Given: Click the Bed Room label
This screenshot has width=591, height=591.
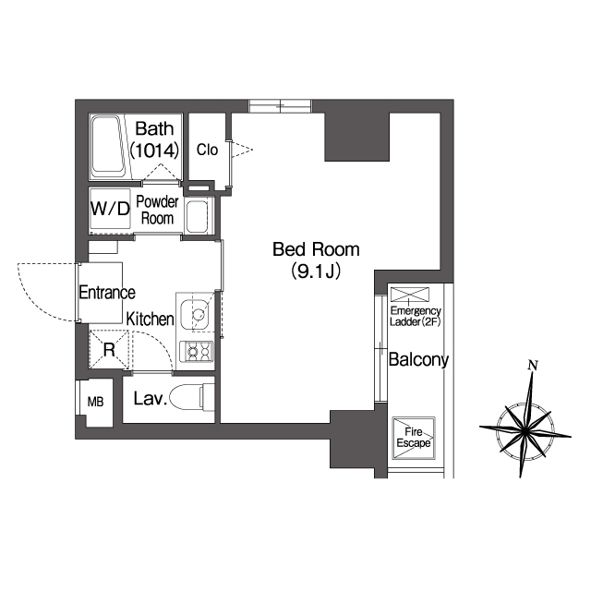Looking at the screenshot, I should [x=315, y=249].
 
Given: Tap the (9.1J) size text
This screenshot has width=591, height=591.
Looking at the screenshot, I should [x=315, y=271].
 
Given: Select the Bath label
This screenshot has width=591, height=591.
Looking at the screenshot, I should [x=155, y=128].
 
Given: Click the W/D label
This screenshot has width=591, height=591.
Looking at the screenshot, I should [x=109, y=208].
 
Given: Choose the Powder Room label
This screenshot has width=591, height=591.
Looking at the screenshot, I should [x=155, y=210].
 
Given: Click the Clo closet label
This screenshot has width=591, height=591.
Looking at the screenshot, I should [x=207, y=150].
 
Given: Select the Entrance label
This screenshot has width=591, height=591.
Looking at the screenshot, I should [x=107, y=293].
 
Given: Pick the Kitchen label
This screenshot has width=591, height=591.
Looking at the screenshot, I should [x=151, y=319].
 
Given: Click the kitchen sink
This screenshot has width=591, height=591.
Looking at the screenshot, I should [x=197, y=315].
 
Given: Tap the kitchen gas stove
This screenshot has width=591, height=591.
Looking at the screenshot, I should [x=197, y=351].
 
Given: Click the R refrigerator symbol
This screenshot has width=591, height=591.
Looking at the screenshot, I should [x=108, y=350].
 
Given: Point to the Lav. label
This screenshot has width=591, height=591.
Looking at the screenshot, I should [x=150, y=399].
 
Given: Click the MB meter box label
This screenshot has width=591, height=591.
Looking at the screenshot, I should [x=94, y=403].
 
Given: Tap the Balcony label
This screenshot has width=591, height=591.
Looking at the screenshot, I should [x=417, y=360].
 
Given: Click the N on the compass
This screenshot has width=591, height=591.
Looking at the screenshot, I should [x=532, y=366].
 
